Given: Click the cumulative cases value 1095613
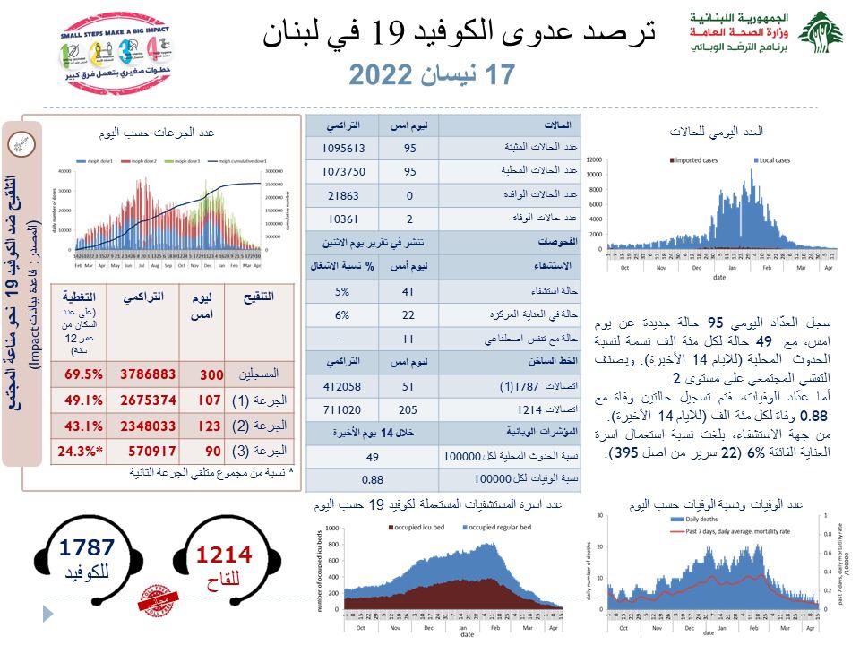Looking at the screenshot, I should pyautogui.click(x=342, y=147).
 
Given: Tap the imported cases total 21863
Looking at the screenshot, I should pyautogui.click(x=342, y=193).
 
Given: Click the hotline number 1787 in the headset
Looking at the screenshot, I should pyautogui.click(x=89, y=547).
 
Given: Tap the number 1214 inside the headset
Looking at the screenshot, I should pyautogui.click(x=223, y=555).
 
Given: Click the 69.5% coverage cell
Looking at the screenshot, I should pyautogui.click(x=80, y=374).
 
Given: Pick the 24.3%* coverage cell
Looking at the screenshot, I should pyautogui.click(x=80, y=452).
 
